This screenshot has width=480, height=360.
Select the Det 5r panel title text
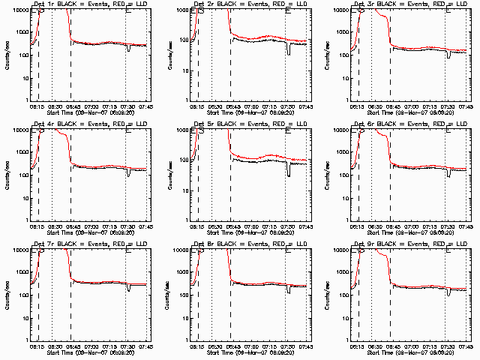250,124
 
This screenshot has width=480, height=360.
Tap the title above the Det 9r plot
411,244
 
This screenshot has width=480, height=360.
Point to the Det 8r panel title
250,244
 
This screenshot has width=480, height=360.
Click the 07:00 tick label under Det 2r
250,105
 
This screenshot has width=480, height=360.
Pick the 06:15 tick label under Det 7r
36,345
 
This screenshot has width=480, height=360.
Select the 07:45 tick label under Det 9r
466,345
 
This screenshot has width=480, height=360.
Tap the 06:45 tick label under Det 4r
71,225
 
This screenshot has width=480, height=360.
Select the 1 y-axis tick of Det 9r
346,340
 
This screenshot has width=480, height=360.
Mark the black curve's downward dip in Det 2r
289,52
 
